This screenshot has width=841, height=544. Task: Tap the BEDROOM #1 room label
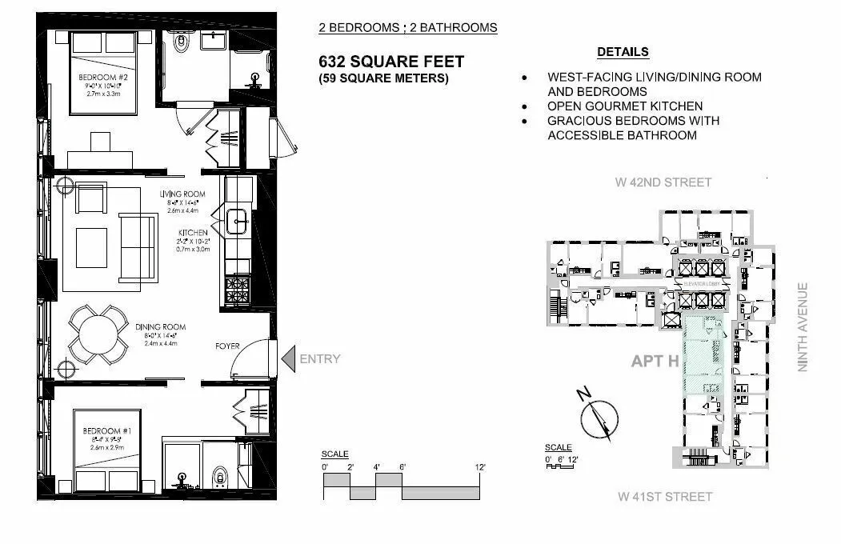[x=101, y=432]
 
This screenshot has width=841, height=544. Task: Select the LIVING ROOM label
[x=182, y=194]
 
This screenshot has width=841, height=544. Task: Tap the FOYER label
[x=228, y=346]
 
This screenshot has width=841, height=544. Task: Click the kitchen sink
[x=237, y=221]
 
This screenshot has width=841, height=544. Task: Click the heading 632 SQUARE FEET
[x=391, y=62]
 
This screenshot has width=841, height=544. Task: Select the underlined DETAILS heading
[x=623, y=52]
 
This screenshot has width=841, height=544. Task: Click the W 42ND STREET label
[x=663, y=182]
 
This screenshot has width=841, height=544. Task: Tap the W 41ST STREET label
[x=664, y=497]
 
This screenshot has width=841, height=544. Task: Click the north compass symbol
[x=599, y=416]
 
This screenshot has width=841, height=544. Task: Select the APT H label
[x=655, y=361]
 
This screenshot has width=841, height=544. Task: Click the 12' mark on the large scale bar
[x=479, y=466]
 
